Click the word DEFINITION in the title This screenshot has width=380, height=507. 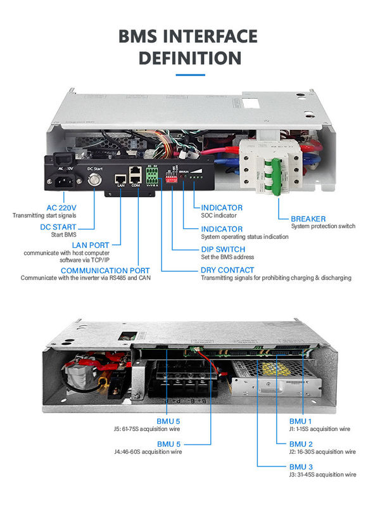tap(189, 58)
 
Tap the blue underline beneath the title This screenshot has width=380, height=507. tap(189, 75)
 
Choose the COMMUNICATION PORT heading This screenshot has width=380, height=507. tap(105, 271)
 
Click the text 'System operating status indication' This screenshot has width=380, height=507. tap(244, 236)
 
